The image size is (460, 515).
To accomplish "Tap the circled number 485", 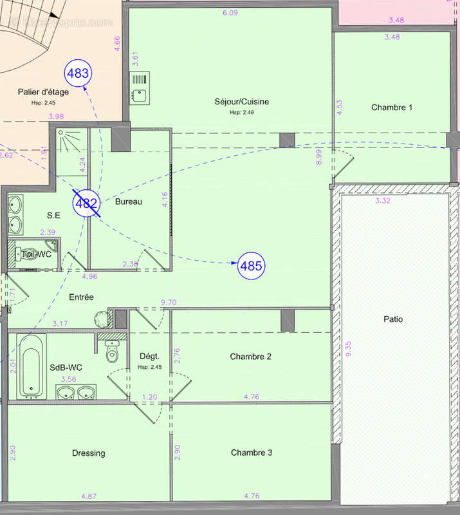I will (x=252, y=265).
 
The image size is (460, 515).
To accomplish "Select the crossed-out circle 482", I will (x=86, y=204).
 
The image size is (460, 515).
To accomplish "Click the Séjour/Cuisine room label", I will (x=241, y=102).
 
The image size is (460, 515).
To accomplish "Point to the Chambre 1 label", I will (x=392, y=108).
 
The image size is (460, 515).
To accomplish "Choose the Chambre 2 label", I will (x=250, y=357).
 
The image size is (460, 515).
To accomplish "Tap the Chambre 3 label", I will (x=251, y=453).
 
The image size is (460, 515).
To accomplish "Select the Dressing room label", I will (x=89, y=453).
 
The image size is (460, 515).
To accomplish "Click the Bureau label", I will (x=128, y=201).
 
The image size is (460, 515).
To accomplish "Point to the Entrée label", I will (x=82, y=297).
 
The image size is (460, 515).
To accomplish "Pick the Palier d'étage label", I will (x=43, y=91).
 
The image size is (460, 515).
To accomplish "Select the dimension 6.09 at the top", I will (x=230, y=13).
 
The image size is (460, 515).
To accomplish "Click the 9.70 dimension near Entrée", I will (x=168, y=302).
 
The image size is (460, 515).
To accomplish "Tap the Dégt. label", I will (x=149, y=356).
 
